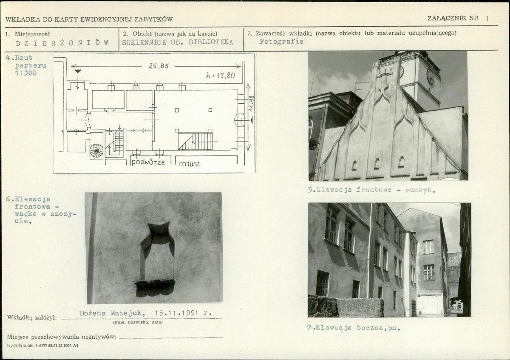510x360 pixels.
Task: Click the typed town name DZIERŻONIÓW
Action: (x=62, y=43)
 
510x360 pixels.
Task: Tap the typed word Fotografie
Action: (x=281, y=42)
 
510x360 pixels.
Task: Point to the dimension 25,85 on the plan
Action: (x=159, y=66)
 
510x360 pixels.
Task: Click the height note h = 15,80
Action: (x=221, y=76)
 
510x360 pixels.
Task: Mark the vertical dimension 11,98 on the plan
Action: (x=251, y=104)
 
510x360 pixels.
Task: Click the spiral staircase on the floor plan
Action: (x=96, y=151)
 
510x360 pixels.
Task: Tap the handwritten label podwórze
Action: (x=148, y=162)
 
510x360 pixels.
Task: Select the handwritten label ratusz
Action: (x=189, y=164)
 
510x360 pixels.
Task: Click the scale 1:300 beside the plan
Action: (x=26, y=73)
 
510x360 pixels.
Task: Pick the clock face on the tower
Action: (x=430, y=77)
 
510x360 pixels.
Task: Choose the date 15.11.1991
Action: (x=177, y=313)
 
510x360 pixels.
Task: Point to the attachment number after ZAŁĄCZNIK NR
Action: (x=487, y=18)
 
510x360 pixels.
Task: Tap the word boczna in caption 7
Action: (x=371, y=328)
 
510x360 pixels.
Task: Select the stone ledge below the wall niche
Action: (x=155, y=283)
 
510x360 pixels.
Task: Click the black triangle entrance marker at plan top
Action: (x=78, y=71)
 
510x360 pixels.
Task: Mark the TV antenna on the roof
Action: (x=362, y=86)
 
